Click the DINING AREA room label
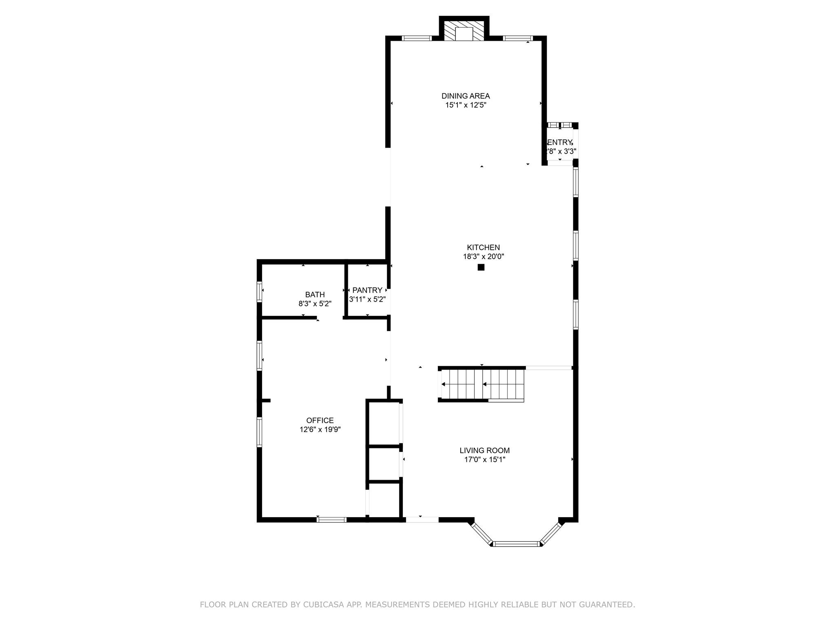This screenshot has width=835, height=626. coord(466,96)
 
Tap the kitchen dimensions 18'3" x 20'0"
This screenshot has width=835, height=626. coord(484,257)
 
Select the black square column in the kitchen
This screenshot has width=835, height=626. coord(481,267)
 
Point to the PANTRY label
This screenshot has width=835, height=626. coord(367,290)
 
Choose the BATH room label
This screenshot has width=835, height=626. coord(315,295)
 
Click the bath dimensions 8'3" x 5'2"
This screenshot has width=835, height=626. coord(315,304)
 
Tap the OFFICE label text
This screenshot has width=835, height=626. coord(320,420)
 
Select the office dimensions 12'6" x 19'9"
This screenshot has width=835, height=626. coord(320,430)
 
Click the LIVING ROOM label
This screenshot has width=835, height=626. coord(484,450)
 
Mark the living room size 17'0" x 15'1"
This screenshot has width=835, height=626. coord(484,460)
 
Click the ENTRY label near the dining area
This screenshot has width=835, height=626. coord(559,142)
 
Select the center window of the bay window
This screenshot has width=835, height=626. coord(516,544)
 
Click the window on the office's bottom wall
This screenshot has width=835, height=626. coord(331,520)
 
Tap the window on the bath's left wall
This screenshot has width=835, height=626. coord(259,292)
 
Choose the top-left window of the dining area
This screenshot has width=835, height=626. coord(416,38)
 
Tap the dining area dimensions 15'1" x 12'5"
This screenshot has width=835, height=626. coord(466,105)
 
